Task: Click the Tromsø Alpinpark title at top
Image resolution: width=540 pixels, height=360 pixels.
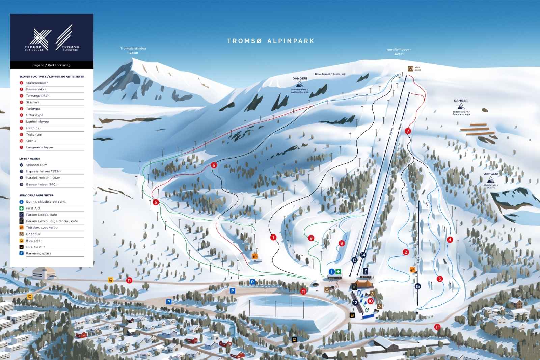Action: (271, 41)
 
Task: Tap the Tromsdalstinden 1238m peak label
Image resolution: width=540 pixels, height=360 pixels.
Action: (133, 51)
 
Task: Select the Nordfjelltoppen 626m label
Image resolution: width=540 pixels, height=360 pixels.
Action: (399, 52)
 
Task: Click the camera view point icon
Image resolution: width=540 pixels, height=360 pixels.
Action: (410, 68)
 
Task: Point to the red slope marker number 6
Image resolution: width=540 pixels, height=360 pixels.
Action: (214, 165)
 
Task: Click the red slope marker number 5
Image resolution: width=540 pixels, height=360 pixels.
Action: (156, 202)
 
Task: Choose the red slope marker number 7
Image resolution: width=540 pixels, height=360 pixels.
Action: (408, 131)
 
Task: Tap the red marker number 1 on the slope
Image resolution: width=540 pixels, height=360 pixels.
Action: (273, 238)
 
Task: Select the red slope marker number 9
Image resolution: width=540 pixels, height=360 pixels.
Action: (311, 238)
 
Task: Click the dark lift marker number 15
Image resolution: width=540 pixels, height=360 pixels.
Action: (418, 286)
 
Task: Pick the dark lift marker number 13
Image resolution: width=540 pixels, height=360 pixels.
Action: (354, 260)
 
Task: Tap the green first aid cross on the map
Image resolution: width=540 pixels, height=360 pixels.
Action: (338, 272)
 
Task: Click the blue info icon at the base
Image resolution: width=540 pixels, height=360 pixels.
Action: (332, 272)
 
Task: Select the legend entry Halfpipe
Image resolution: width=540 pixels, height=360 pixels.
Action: (33, 128)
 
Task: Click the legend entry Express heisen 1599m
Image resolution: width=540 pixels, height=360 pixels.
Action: (44, 171)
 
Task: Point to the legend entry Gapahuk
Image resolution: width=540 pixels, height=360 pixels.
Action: (33, 234)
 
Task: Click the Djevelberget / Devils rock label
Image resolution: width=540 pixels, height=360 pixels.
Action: (330, 74)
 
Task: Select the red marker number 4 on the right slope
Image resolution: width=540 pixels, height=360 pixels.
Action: (450, 240)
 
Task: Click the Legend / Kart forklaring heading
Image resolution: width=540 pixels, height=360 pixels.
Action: (52, 65)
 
